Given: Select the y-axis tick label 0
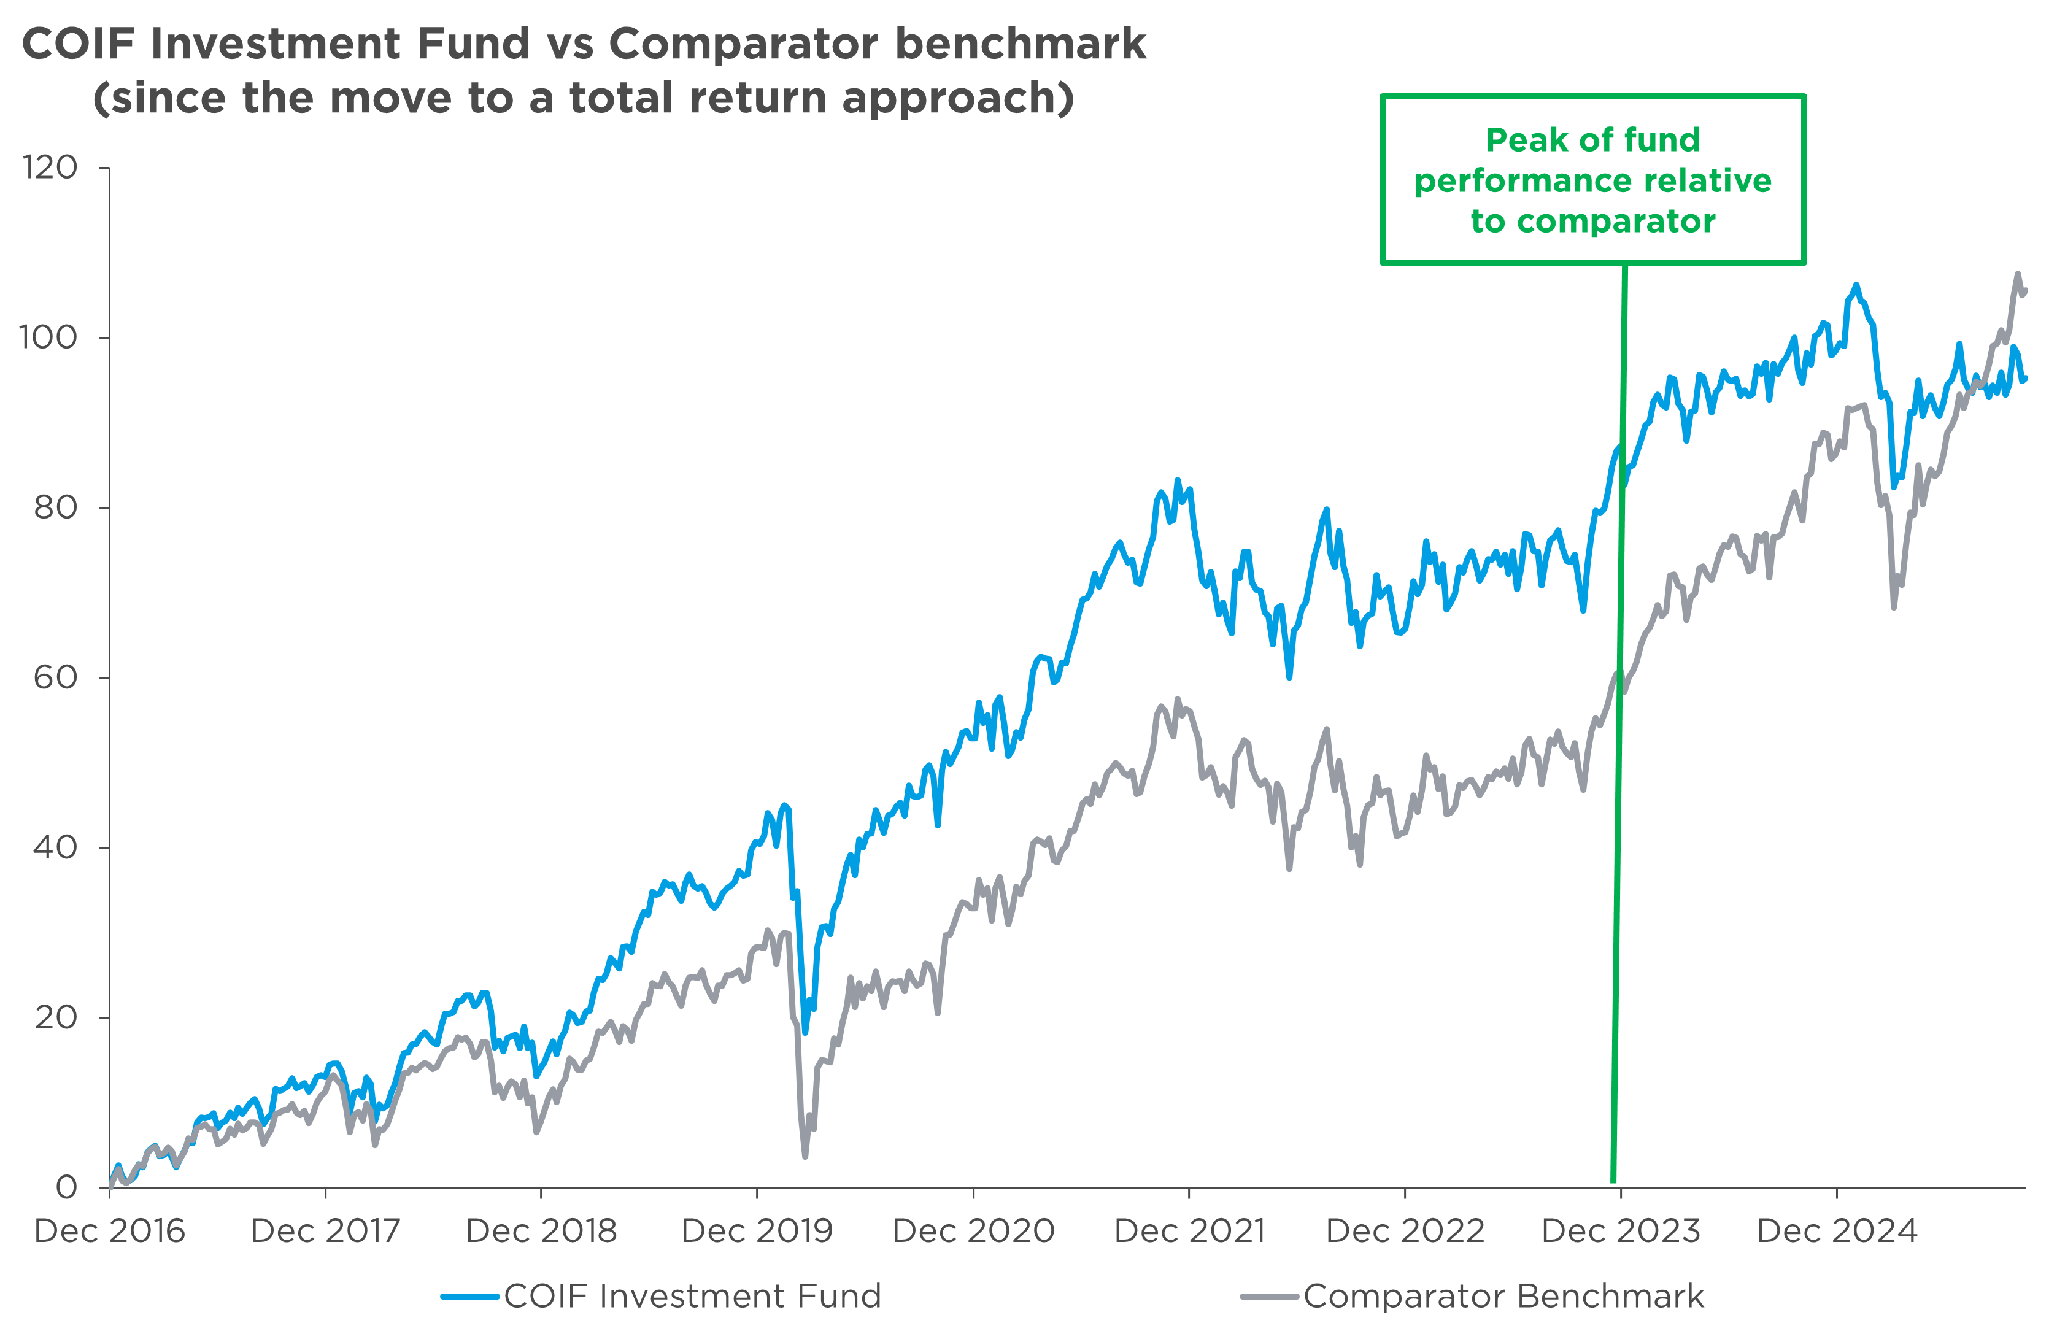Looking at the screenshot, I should pos(66,1188).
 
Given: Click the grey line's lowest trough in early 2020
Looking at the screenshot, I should pos(806,1155).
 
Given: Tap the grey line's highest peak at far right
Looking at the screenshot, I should pos(2017,275).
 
